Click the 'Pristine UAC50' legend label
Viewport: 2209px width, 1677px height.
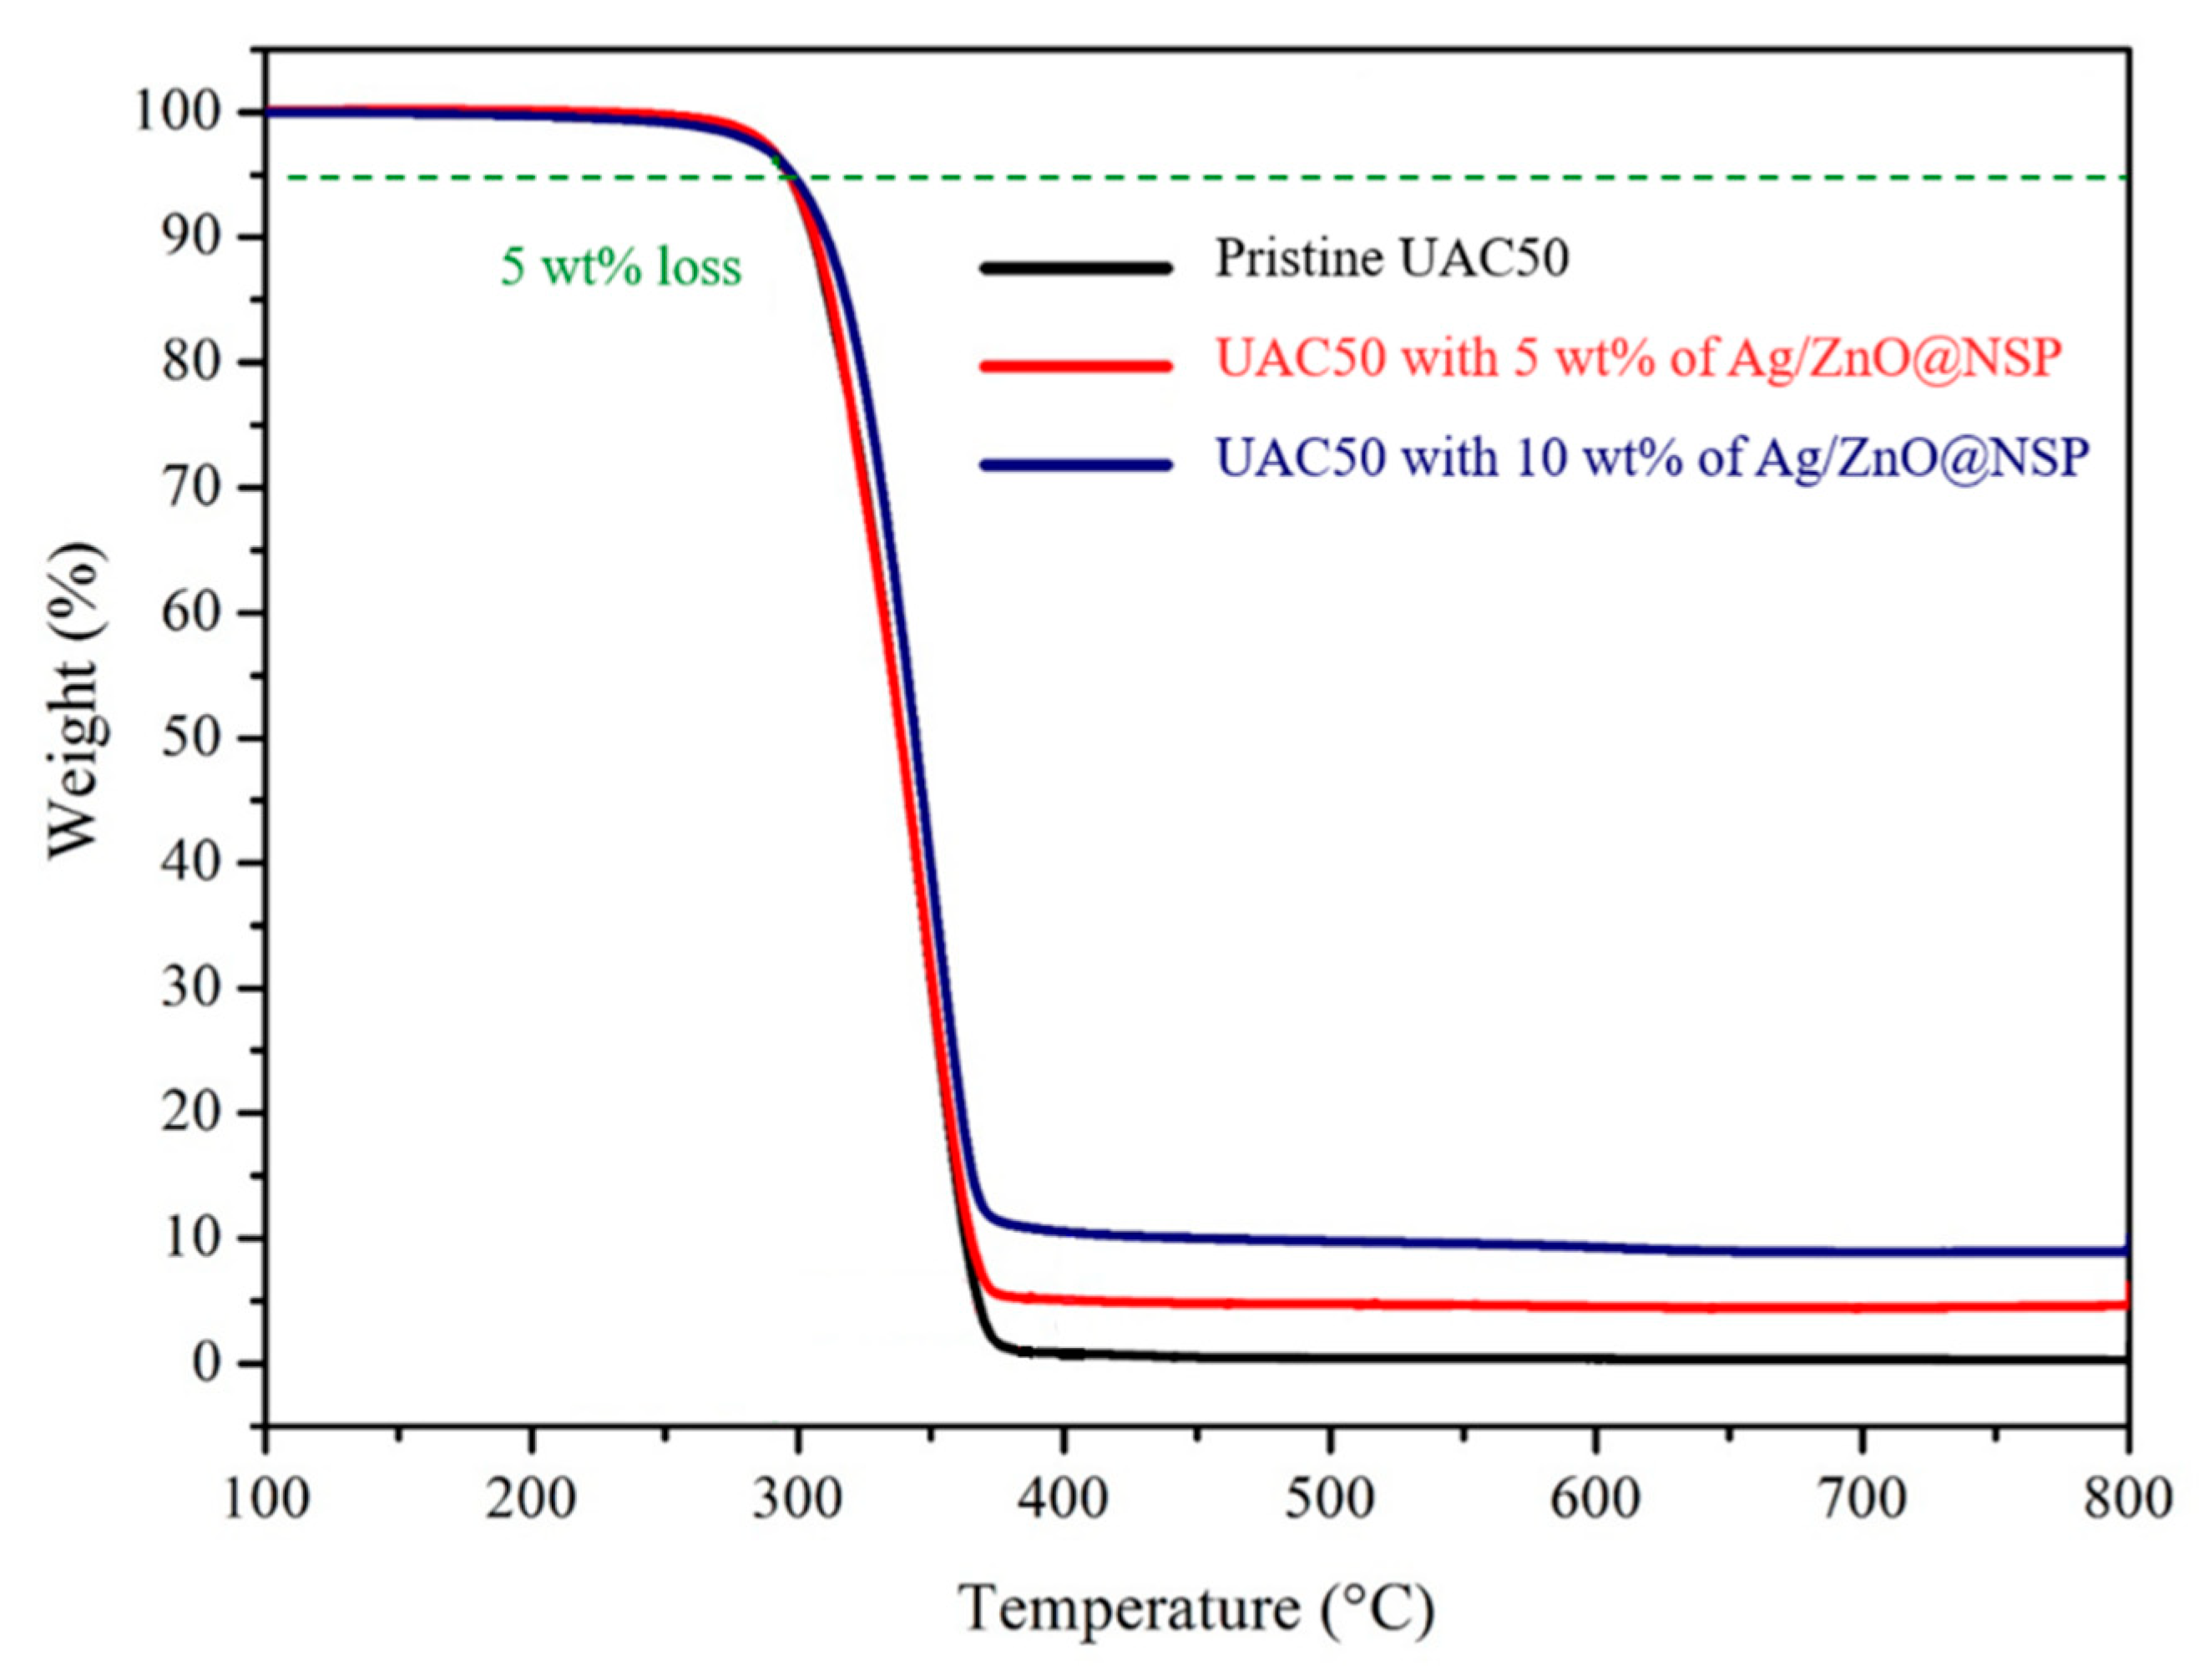click(1391, 259)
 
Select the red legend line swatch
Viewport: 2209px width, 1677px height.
click(1075, 365)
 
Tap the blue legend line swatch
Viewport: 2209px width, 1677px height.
click(1075, 464)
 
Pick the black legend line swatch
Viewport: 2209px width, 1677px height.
click(1075, 266)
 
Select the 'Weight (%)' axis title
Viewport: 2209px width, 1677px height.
click(78, 699)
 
